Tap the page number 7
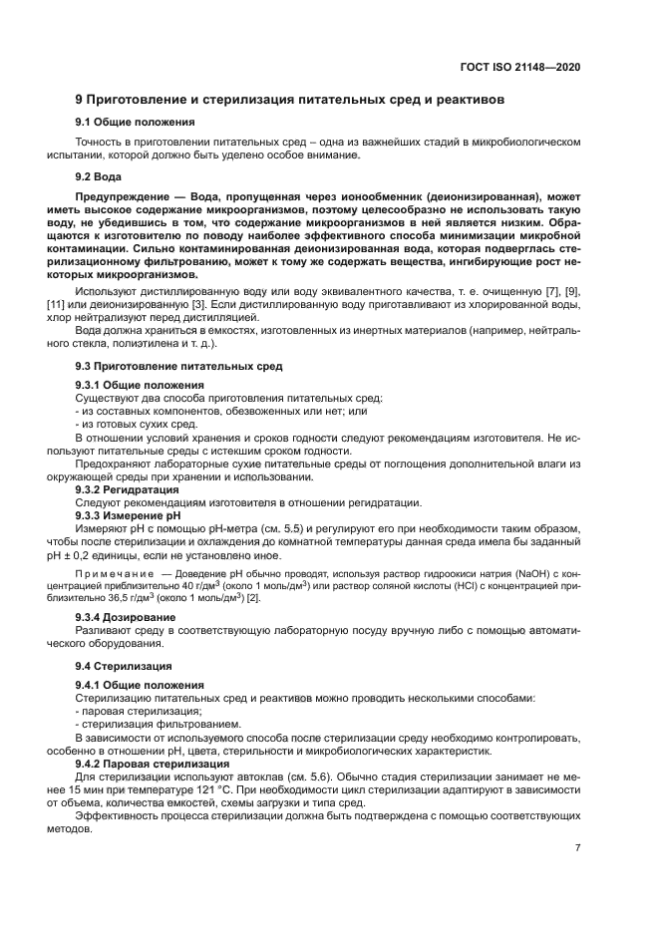pos(577,847)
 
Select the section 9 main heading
pos(290,100)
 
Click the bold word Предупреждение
pos(129,198)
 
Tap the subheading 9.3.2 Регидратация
pos(128,489)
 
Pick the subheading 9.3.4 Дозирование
pos(126,618)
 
